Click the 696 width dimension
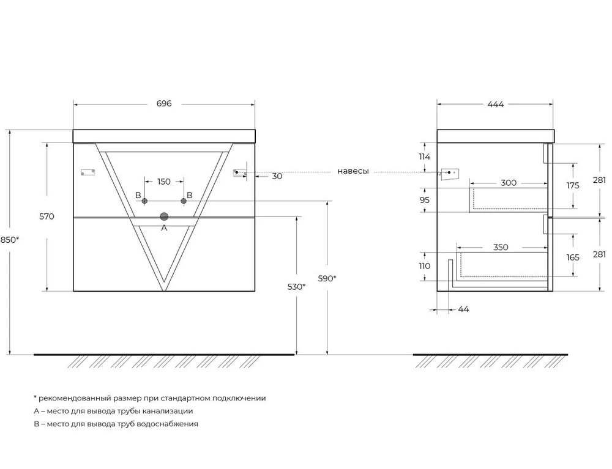[164, 104]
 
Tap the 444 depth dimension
[495, 104]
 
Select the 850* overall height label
[10, 240]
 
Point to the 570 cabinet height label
[47, 216]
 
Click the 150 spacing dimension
[164, 181]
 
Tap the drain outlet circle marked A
[164, 216]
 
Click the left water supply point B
[145, 201]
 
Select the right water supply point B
[184, 201]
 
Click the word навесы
[353, 171]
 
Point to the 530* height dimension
[296, 287]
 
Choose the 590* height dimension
[327, 278]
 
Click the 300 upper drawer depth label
[509, 183]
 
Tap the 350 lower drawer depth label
[501, 247]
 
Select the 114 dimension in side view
[425, 157]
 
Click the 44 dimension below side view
[463, 309]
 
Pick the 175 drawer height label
[573, 185]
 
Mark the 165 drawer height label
[573, 257]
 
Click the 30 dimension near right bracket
[277, 176]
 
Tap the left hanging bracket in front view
[88, 172]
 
